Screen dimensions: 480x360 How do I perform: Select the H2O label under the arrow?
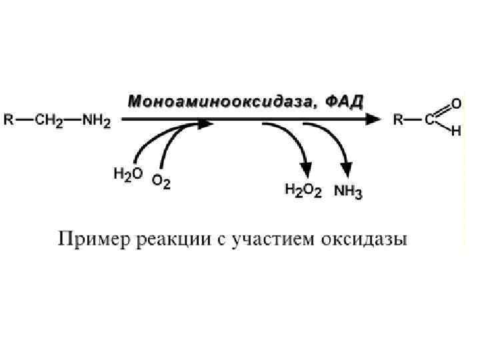(x=127, y=175)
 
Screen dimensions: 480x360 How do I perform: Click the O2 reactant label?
(x=161, y=181)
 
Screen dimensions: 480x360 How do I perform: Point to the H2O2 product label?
(x=303, y=191)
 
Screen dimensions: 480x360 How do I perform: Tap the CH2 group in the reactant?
(x=48, y=121)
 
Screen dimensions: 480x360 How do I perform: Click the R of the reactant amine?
(x=9, y=121)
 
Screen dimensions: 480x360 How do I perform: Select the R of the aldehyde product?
(x=398, y=121)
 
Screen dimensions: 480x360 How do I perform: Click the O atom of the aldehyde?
(x=456, y=104)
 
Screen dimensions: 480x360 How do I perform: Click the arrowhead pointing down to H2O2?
(x=306, y=170)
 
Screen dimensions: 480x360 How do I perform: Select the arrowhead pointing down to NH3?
(x=347, y=170)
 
